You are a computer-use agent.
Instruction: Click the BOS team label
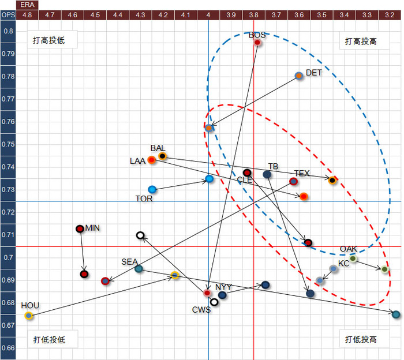(x=257, y=35)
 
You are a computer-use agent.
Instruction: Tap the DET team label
(x=314, y=73)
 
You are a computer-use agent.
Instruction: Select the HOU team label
(x=30, y=305)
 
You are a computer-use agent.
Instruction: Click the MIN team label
(x=92, y=228)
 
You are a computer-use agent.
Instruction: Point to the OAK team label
(x=348, y=249)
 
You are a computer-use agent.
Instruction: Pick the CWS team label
(x=202, y=310)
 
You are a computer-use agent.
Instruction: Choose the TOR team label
(x=144, y=198)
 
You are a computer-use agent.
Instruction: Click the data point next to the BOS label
(x=257, y=42)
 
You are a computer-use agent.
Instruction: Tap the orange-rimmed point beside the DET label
(x=299, y=76)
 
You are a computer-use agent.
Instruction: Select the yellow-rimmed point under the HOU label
(x=29, y=316)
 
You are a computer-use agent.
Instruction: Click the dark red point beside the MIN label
(x=80, y=228)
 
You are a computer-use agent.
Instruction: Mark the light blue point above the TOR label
(x=152, y=189)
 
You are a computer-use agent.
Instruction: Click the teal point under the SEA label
(x=139, y=269)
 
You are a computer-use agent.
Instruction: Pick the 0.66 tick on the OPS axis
(x=8, y=348)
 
